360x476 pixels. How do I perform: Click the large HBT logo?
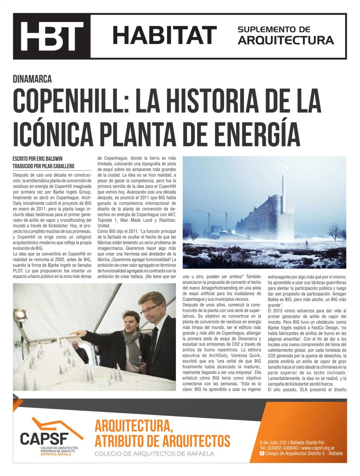click(52, 36)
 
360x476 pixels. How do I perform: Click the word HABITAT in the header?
click(164, 35)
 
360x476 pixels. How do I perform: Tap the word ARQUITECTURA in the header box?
click(286, 40)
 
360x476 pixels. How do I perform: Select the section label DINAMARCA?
click(32, 79)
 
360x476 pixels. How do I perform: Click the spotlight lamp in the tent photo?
click(20, 315)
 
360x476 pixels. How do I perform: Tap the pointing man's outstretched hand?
click(76, 333)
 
